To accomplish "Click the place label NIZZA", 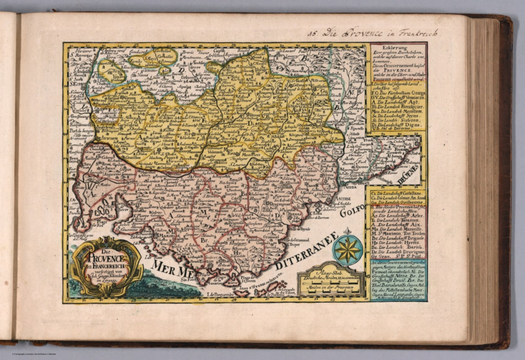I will point(343,187).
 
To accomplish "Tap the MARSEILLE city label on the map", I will point(165,235).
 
